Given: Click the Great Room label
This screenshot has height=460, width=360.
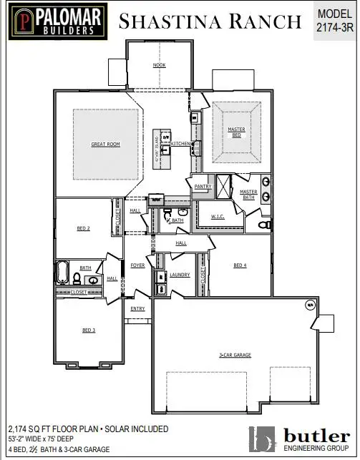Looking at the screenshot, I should tap(105, 145).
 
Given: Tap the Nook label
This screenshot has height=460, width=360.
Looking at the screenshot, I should tap(159, 65).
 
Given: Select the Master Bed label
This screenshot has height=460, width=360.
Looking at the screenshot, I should tap(236, 132).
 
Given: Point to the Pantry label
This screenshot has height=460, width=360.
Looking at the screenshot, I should tap(202, 187).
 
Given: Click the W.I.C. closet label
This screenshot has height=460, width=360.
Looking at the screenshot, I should tap(218, 216).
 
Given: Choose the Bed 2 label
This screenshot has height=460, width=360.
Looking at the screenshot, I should tap(83, 229).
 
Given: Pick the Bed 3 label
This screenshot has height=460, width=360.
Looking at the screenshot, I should tap(88, 330).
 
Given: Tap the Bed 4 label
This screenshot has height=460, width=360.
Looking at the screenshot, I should tap(240, 265).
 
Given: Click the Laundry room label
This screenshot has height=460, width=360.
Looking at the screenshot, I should tap(179, 275).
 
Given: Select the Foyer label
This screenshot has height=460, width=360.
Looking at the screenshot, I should tap(137, 265).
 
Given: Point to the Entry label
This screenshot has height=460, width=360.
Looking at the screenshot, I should tap(137, 309).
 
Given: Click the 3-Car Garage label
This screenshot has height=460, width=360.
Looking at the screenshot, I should tap(233, 355).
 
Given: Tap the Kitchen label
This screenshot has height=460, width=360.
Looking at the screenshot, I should tap(180, 144).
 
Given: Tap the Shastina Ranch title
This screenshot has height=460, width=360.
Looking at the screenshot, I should tap(210, 21).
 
